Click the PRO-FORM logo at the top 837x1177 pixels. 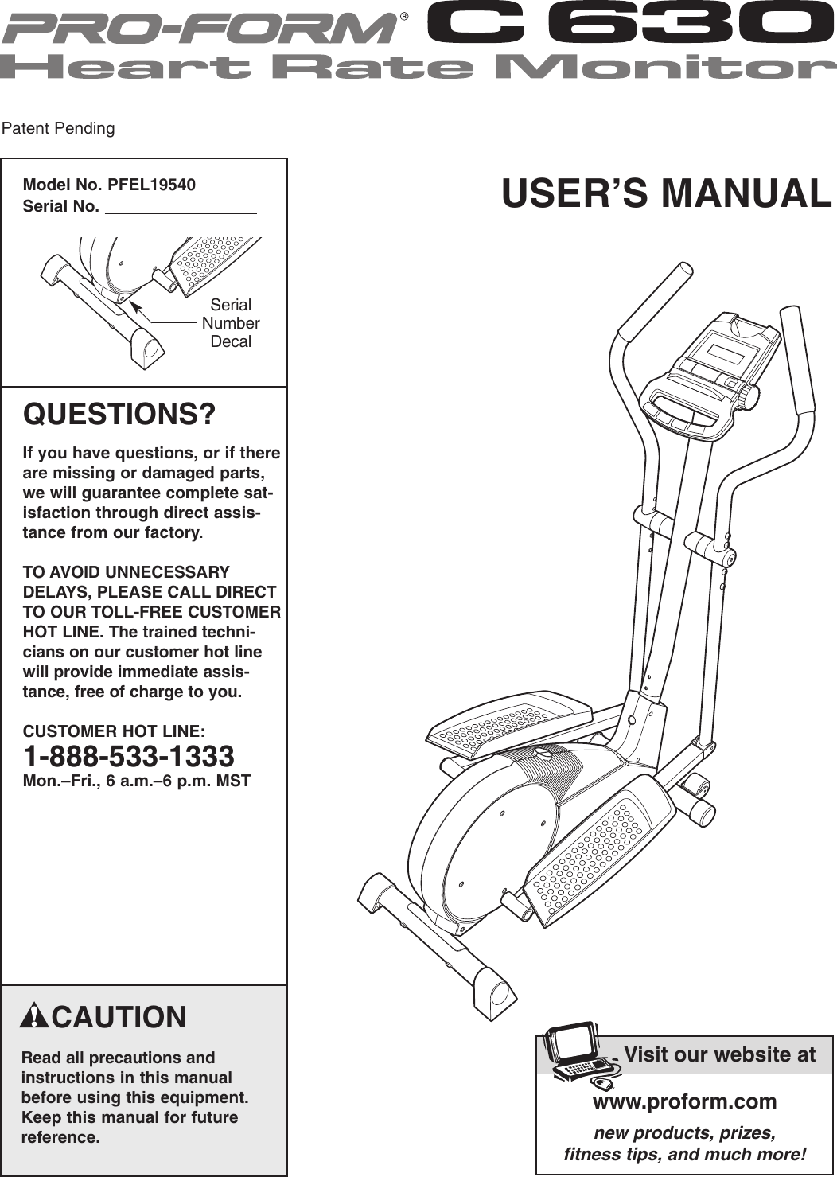click(x=199, y=29)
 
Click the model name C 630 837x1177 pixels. click(x=629, y=24)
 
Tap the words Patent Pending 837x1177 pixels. click(x=58, y=128)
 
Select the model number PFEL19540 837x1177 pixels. click(x=151, y=185)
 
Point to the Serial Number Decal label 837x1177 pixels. click(x=231, y=323)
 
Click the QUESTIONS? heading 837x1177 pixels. click(x=119, y=415)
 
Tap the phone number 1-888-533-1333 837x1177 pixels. click(x=129, y=756)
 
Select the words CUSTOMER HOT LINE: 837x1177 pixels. click(x=114, y=731)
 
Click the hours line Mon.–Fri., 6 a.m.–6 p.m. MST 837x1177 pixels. click(x=137, y=781)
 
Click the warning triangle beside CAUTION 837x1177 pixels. click(x=35, y=1016)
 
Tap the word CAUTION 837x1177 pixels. click(x=119, y=1017)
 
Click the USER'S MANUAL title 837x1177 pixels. click(x=666, y=194)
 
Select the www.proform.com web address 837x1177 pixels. click(x=684, y=1101)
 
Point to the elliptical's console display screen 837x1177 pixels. click(x=721, y=349)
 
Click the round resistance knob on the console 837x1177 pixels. click(x=746, y=396)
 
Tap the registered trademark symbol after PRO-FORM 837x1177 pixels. click(x=404, y=16)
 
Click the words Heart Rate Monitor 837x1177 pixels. click(x=418, y=67)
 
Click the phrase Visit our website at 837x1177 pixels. click(x=719, y=1054)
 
